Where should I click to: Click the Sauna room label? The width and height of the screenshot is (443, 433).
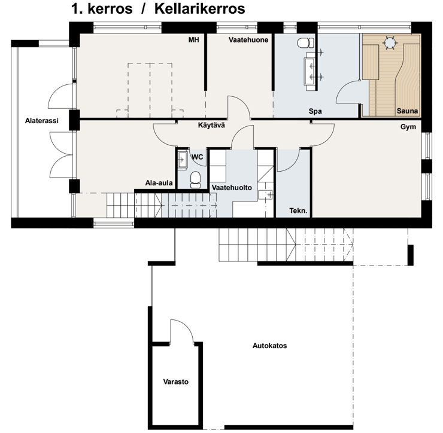pyautogui.click(x=407, y=111)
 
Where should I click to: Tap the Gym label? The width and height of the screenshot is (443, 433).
pyautogui.click(x=408, y=127)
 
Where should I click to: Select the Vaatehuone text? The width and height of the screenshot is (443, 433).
pyautogui.click(x=248, y=40)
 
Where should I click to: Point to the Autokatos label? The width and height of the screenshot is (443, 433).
pyautogui.click(x=269, y=346)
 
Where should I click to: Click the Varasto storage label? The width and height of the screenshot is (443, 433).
pyautogui.click(x=176, y=382)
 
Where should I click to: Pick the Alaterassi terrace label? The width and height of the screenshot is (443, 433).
pyautogui.click(x=41, y=121)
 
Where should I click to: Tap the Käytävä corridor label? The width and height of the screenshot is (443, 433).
pyautogui.click(x=211, y=125)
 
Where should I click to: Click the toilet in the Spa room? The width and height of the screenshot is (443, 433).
pyautogui.click(x=305, y=43)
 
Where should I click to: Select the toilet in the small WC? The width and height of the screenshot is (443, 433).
pyautogui.click(x=195, y=180)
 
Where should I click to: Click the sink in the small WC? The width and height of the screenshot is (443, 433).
pyautogui.click(x=183, y=160)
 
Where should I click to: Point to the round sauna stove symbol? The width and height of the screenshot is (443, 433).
pyautogui.click(x=390, y=43)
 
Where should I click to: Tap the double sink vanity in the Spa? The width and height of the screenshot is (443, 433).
pyautogui.click(x=311, y=71)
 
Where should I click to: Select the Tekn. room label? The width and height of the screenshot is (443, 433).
pyautogui.click(x=298, y=211)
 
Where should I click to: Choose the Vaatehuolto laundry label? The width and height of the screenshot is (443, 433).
pyautogui.click(x=232, y=187)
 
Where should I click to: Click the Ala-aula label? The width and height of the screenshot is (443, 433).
pyautogui.click(x=159, y=183)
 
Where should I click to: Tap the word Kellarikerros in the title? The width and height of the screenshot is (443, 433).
pyautogui.click(x=200, y=9)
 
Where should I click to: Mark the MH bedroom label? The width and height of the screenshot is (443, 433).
pyautogui.click(x=194, y=40)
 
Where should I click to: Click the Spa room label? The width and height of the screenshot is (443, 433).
pyautogui.click(x=315, y=111)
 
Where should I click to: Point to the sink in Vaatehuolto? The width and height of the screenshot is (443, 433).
pyautogui.click(x=265, y=194)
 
